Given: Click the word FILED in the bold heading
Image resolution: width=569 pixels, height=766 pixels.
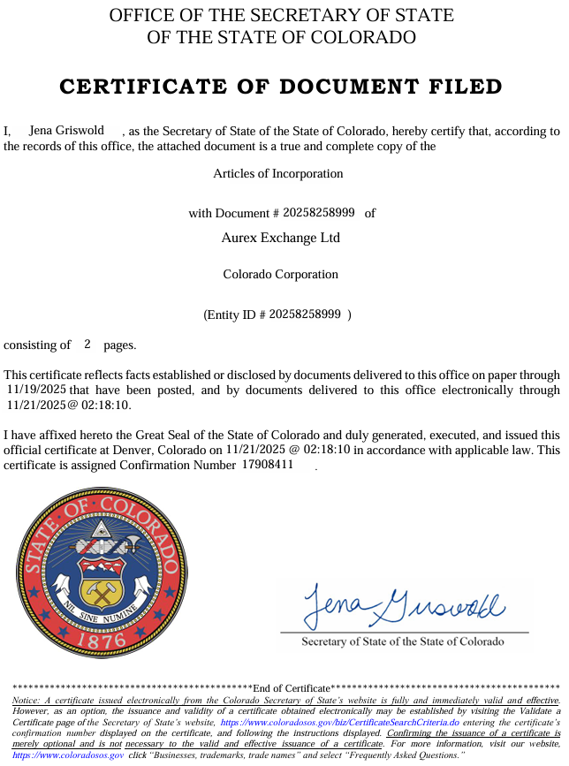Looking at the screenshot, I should (459, 87).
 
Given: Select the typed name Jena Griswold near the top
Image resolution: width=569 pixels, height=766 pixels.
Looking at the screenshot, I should (67, 131).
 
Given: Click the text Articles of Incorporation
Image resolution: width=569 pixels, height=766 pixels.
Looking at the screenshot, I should (277, 173).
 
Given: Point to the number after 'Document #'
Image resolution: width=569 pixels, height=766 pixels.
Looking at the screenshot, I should (319, 212).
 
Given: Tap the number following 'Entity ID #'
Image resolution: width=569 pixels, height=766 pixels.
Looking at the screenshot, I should (305, 314).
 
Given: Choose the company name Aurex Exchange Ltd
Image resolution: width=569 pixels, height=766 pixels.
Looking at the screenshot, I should (280, 238).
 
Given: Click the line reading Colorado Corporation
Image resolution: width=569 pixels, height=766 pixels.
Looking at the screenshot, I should (280, 274).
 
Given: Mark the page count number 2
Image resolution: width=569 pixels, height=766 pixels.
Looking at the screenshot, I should (87, 344).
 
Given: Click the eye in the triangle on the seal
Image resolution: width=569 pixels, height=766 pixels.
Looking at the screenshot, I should (100, 532).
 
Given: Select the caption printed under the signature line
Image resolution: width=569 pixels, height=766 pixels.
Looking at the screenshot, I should (402, 641).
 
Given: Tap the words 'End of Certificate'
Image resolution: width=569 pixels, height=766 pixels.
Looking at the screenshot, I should (291, 688).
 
